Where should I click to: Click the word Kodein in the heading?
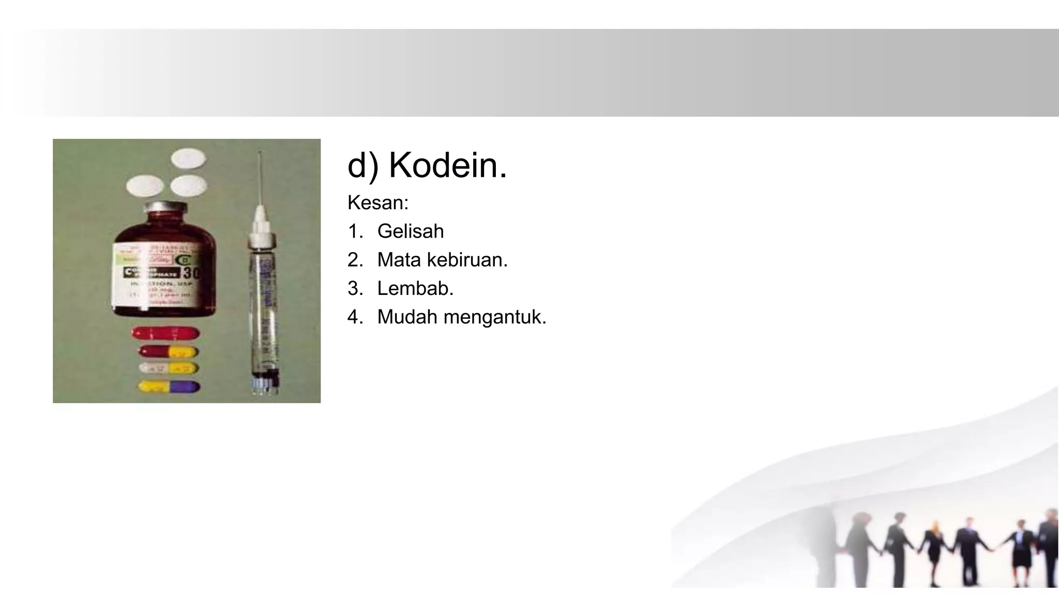point(447,165)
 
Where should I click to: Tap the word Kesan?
point(377,203)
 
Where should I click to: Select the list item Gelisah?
point(411,231)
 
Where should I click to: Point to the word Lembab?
point(415,288)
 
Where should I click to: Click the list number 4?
point(355,317)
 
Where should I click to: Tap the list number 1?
point(355,231)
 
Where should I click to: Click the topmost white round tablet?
point(188,158)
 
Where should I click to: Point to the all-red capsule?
point(165,333)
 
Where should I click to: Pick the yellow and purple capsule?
point(169,386)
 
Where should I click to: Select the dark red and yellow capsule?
point(168,352)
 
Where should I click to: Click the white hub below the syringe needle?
point(261,222)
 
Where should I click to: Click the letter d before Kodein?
point(357,165)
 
